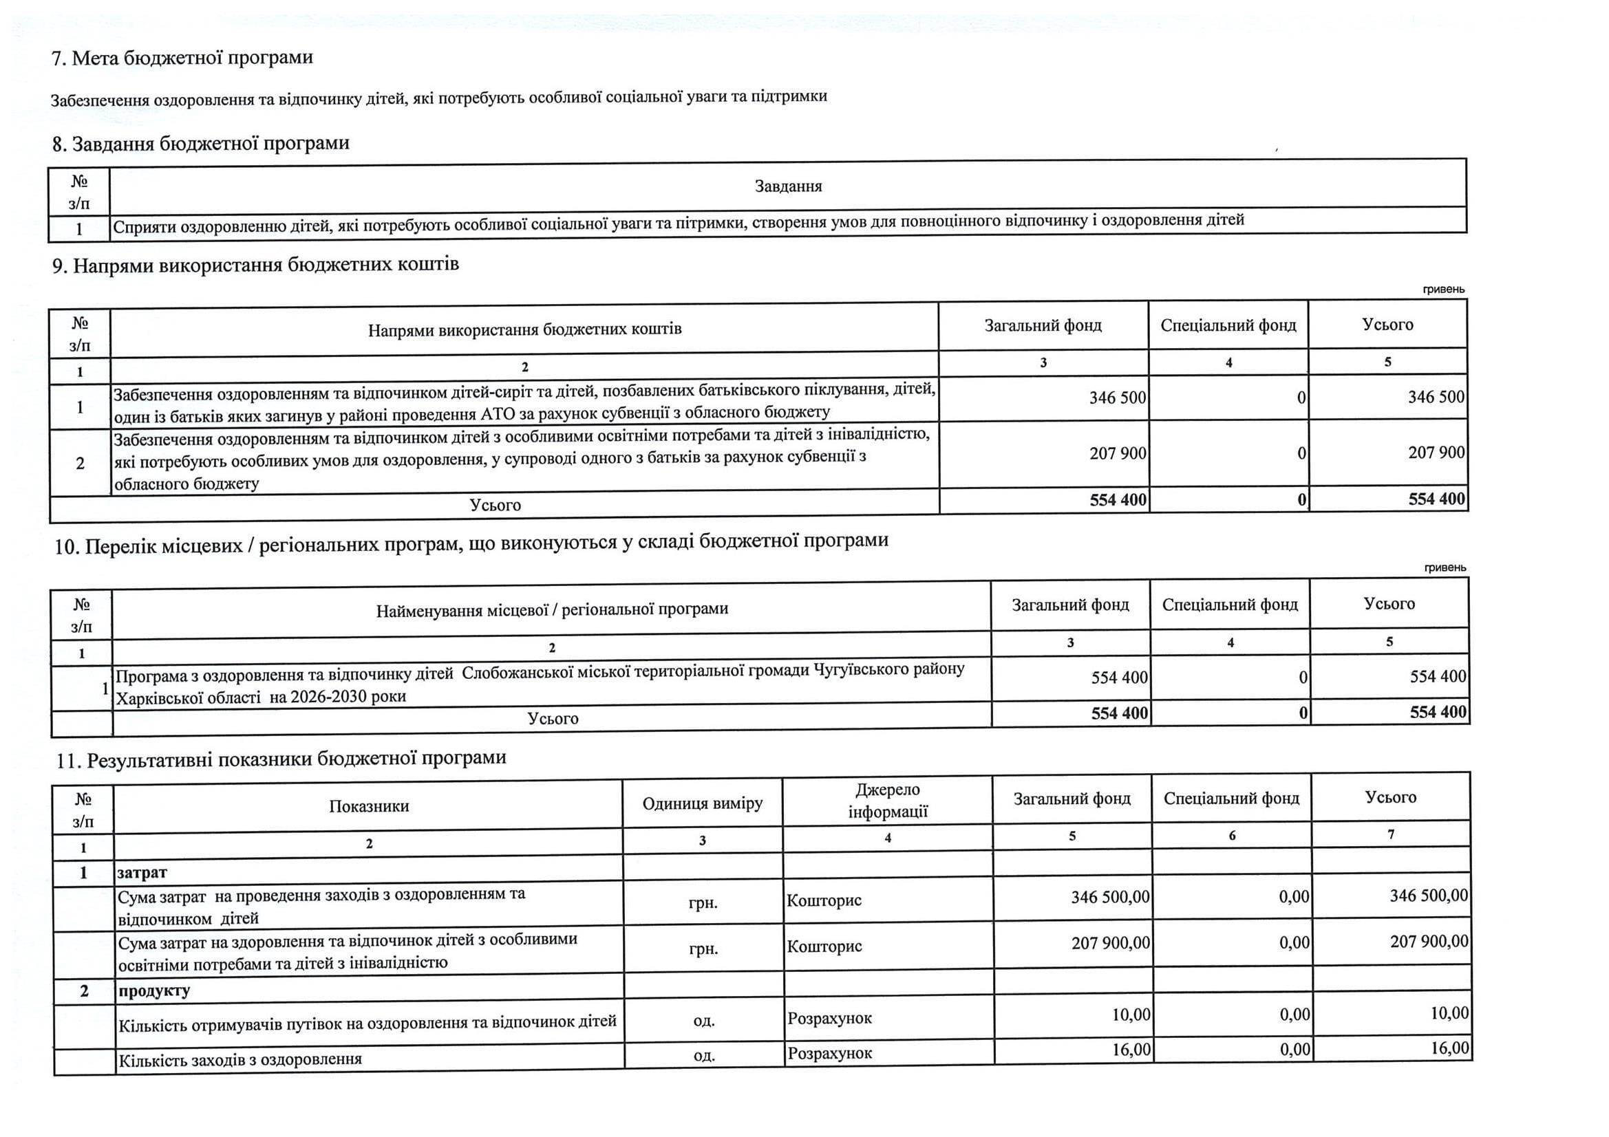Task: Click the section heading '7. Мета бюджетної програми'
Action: coord(182,58)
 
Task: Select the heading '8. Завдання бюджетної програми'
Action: coord(200,144)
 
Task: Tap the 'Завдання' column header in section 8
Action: coord(788,186)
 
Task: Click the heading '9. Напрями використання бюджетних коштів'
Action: coord(256,266)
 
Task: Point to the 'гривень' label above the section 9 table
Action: coord(1444,290)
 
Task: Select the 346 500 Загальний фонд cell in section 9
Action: coord(1117,398)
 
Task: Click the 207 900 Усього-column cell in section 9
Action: coord(1436,453)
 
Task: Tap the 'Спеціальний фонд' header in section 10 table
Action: coord(1230,605)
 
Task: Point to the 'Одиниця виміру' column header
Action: coord(702,803)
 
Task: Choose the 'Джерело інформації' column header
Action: coord(887,801)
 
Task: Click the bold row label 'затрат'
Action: coord(142,873)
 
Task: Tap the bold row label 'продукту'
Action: coord(153,991)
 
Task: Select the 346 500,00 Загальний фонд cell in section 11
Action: coord(1110,898)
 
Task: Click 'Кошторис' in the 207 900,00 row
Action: coord(824,947)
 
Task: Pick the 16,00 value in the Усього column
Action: coord(1449,1049)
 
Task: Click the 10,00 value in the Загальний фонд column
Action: coord(1131,1015)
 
